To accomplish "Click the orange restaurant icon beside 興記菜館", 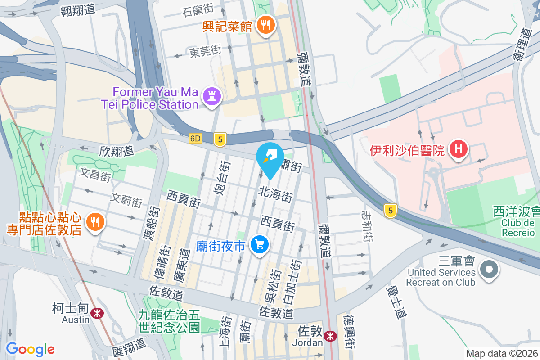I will [x=266, y=25].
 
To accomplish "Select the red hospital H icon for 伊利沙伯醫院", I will [x=459, y=149].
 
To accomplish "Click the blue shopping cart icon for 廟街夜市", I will [x=260, y=245].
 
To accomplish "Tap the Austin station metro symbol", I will [x=96, y=313].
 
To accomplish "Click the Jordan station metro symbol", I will [x=330, y=336].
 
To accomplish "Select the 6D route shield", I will [x=195, y=139].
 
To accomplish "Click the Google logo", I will [x=30, y=349].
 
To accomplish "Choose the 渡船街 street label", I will [x=153, y=222].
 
